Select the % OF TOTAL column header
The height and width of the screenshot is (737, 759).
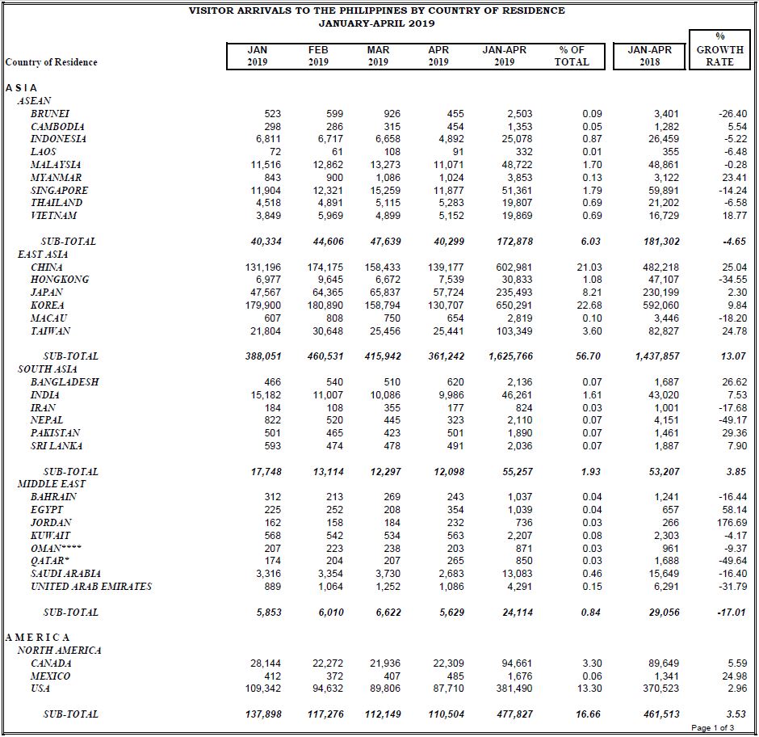coord(572,56)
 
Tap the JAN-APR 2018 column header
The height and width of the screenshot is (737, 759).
coord(650,56)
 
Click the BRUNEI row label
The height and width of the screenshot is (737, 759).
coord(50,113)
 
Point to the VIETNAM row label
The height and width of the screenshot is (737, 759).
coord(54,215)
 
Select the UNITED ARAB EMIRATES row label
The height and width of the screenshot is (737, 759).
coord(91,587)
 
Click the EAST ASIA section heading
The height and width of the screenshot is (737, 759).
coord(43,254)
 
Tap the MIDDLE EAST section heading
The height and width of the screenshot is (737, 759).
coord(52,483)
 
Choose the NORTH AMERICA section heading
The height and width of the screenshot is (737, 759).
coord(60,650)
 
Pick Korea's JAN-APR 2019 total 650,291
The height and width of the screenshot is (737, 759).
coord(514,305)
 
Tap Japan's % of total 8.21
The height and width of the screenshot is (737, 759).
coord(592,293)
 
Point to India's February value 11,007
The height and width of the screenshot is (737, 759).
coord(328,395)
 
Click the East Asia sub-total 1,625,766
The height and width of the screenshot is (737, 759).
coord(510,356)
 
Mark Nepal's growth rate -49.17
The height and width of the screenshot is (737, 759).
coord(733,419)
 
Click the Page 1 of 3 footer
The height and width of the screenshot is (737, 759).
coord(712,727)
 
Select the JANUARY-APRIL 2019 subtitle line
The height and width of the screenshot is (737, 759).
coord(376,23)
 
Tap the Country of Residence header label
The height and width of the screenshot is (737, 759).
coord(52,62)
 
